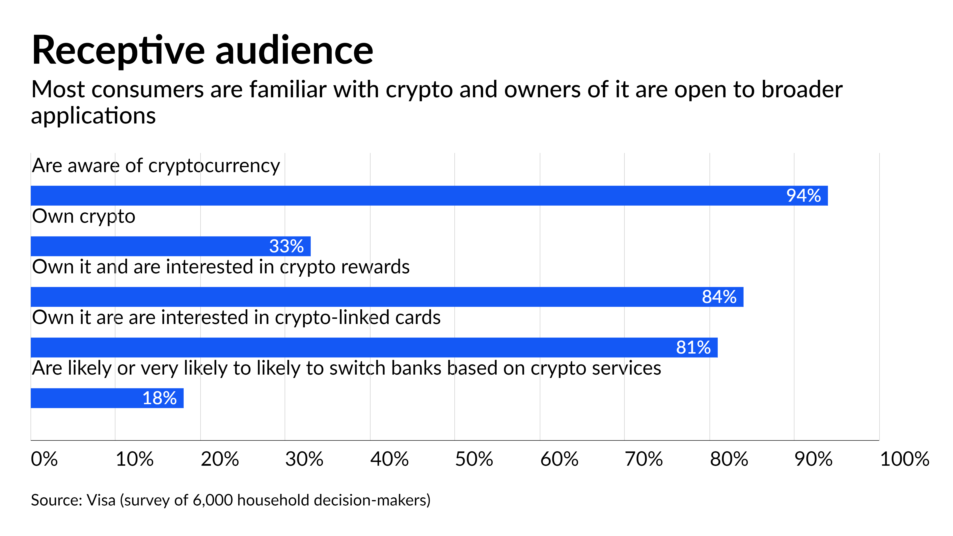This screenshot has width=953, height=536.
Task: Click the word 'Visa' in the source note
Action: point(101,500)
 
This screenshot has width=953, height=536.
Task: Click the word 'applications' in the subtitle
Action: point(93,116)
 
